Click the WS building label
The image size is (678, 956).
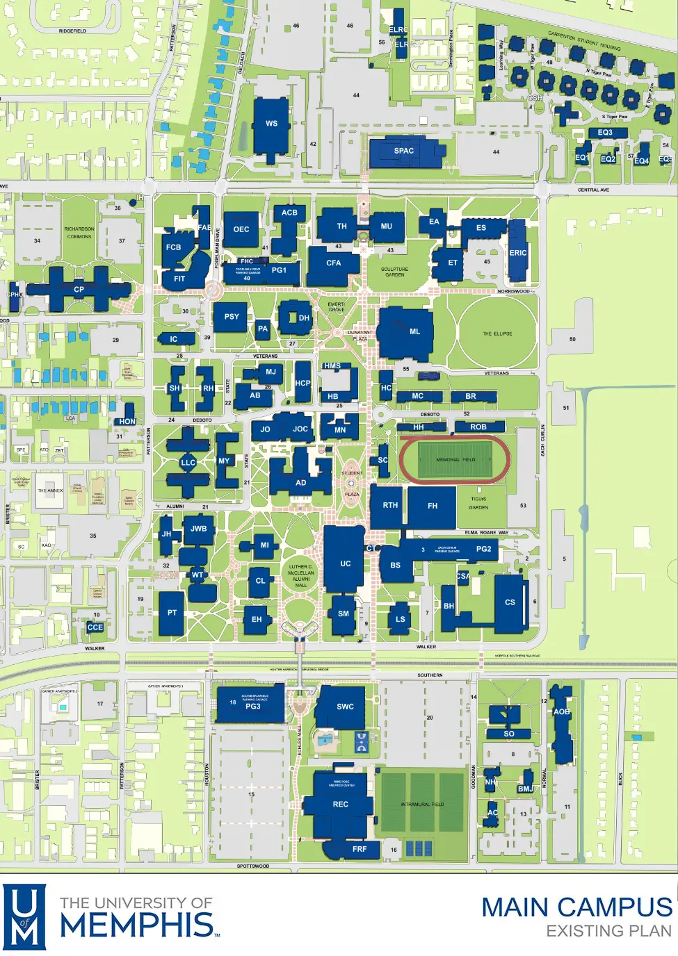271,124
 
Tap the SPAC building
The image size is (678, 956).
404,151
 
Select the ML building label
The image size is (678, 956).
415,332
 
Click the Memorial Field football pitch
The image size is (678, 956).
455,460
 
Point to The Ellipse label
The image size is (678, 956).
497,334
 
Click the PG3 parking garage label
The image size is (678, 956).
253,707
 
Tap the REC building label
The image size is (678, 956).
341,805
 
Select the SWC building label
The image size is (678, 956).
346,707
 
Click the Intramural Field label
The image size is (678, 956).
422,805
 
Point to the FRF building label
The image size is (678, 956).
360,849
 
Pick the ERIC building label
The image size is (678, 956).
518,253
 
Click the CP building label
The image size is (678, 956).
79,290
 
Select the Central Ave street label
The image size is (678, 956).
593,190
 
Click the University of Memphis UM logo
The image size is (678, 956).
25,916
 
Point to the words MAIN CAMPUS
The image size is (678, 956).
576,907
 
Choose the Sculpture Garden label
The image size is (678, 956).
394,272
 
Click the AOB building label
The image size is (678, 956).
562,711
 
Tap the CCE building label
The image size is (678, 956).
95,627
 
